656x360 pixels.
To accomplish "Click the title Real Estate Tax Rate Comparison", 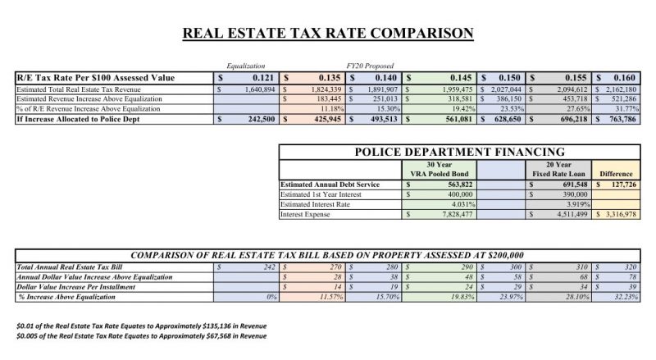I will pos(327,34).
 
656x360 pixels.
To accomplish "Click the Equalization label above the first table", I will pos(246,66).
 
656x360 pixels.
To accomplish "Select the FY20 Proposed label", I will pos(368,66).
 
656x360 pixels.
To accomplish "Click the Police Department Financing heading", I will pos(458,152).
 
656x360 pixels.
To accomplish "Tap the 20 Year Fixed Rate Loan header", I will pos(559,169).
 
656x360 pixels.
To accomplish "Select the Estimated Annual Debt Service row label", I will pos(330,185).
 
